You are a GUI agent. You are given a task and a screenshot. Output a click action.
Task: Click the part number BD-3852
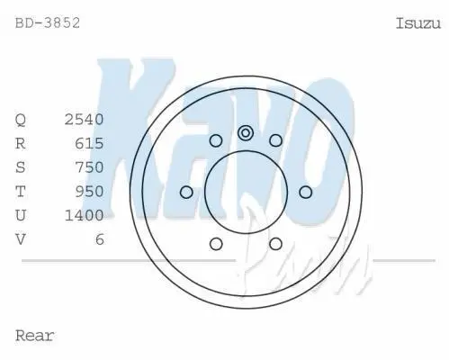pyautogui.click(x=48, y=23)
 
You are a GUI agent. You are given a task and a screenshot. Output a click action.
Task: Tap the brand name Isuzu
pyautogui.click(x=418, y=23)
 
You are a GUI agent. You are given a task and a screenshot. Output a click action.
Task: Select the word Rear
pyautogui.click(x=34, y=336)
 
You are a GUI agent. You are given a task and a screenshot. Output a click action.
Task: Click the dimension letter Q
pyautogui.click(x=21, y=120)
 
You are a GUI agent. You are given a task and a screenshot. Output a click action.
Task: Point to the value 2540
pyautogui.click(x=85, y=120)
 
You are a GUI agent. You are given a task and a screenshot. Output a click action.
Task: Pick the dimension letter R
pyautogui.click(x=21, y=143)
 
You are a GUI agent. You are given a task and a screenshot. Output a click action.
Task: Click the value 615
pyautogui.click(x=89, y=143)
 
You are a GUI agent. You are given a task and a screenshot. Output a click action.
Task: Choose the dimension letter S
pyautogui.click(x=21, y=167)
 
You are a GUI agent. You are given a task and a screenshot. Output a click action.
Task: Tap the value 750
pyautogui.click(x=89, y=167)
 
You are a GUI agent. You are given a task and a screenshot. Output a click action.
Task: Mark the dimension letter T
pyautogui.click(x=21, y=192)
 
